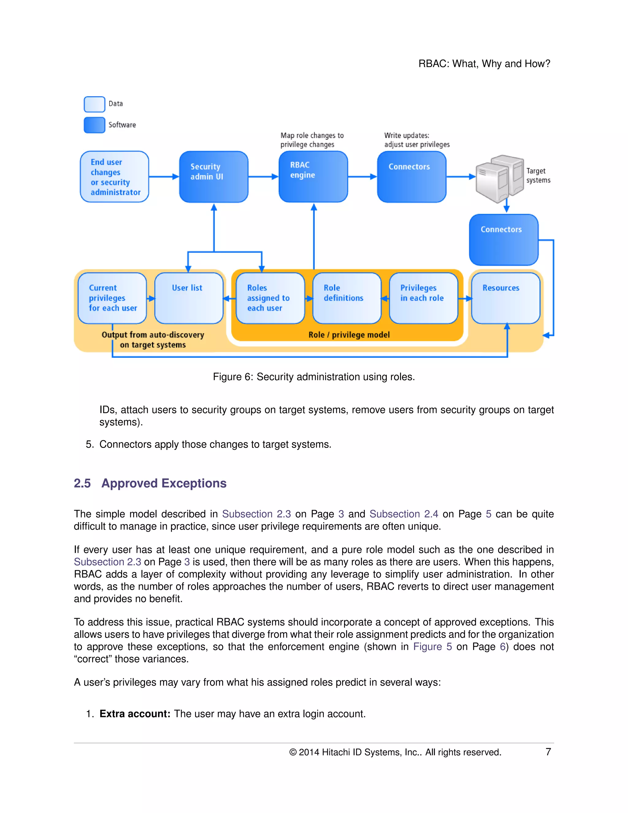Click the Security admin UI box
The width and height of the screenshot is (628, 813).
pos(213,176)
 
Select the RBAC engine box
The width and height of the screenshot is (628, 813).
pos(313,176)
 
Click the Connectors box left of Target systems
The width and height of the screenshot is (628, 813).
pos(412,176)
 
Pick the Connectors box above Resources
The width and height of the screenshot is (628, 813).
pos(504,239)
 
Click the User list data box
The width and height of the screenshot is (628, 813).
pos(188,298)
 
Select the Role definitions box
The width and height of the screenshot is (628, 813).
pos(347,298)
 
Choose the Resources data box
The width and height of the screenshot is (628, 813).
pos(505,298)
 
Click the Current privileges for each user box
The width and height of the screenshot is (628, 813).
pos(112,298)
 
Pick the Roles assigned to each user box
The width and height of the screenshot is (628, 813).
pos(270,298)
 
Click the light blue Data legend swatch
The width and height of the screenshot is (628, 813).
pos(94,104)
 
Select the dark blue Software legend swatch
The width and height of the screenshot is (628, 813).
pos(94,125)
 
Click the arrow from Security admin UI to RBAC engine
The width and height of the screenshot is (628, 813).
pos(263,177)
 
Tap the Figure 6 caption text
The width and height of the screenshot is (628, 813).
pos(313,377)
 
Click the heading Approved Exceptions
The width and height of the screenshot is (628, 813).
pos(164,483)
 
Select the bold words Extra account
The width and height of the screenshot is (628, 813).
pos(135,714)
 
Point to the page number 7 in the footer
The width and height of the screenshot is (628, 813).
pos(548,752)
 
